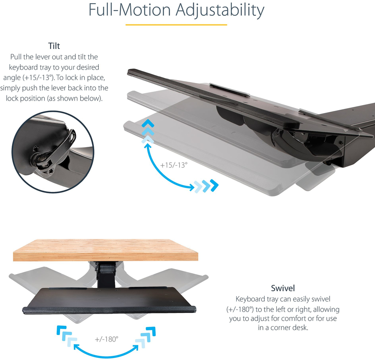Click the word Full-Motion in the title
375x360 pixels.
[x=130, y=10]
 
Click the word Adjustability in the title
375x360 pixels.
[x=220, y=10]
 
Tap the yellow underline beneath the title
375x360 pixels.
[x=176, y=25]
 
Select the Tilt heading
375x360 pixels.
[x=54, y=46]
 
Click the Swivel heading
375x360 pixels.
[x=283, y=288]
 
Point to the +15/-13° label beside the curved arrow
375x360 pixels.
[x=174, y=165]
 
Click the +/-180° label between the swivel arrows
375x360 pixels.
[x=107, y=339]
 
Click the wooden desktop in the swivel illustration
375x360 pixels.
[x=105, y=250]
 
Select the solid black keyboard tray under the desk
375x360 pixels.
[x=109, y=300]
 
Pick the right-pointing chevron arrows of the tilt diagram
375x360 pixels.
[x=206, y=186]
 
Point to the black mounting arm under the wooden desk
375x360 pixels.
[x=106, y=274]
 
